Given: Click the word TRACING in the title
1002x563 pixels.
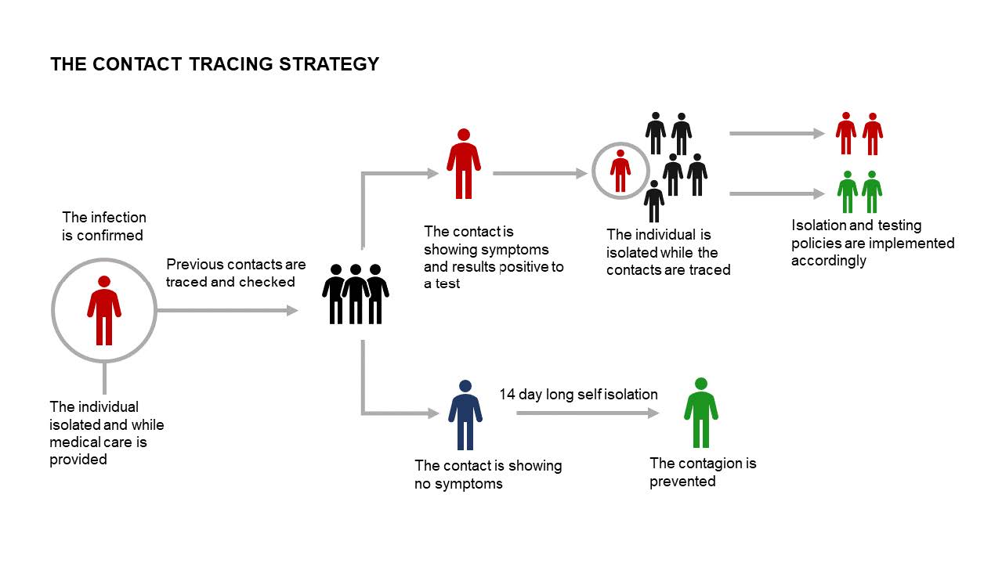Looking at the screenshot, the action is (x=231, y=64).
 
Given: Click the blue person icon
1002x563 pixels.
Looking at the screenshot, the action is (x=465, y=414).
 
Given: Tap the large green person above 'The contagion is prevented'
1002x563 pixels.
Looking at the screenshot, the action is (x=701, y=413).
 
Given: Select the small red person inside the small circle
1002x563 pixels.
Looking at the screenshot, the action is (x=620, y=171).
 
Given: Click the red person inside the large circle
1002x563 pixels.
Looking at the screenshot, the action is (x=104, y=310).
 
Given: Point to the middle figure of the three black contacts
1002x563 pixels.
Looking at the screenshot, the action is (x=356, y=294).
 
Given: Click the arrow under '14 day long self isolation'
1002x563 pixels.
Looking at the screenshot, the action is (x=588, y=413).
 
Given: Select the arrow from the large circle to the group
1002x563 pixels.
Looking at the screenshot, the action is (x=227, y=310).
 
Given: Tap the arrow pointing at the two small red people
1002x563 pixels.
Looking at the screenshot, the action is (x=777, y=133).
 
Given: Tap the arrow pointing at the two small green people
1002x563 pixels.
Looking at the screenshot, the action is (x=777, y=193).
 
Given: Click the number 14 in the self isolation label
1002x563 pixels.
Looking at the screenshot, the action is (x=507, y=395).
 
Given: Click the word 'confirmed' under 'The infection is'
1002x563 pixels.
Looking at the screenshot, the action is (x=110, y=235).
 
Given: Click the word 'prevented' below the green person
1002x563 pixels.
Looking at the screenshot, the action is (x=682, y=482).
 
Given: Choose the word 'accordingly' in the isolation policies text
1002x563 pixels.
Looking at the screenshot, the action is (x=828, y=261).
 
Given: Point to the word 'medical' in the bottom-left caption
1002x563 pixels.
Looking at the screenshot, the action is (x=74, y=442).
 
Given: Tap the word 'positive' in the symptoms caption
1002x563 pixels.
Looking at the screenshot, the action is (x=524, y=267).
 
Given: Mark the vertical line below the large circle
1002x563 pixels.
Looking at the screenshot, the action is (x=104, y=378).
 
